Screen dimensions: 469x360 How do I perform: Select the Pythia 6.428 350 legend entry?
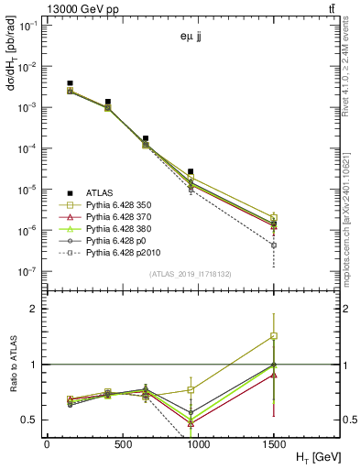(124, 206)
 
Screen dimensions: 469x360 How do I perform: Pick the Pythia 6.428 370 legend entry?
(124, 221)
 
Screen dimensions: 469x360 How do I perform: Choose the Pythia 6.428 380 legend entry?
(124, 234)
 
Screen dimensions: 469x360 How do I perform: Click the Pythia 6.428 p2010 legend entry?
(126, 263)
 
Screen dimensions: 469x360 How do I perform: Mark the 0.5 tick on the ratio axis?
(30, 420)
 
